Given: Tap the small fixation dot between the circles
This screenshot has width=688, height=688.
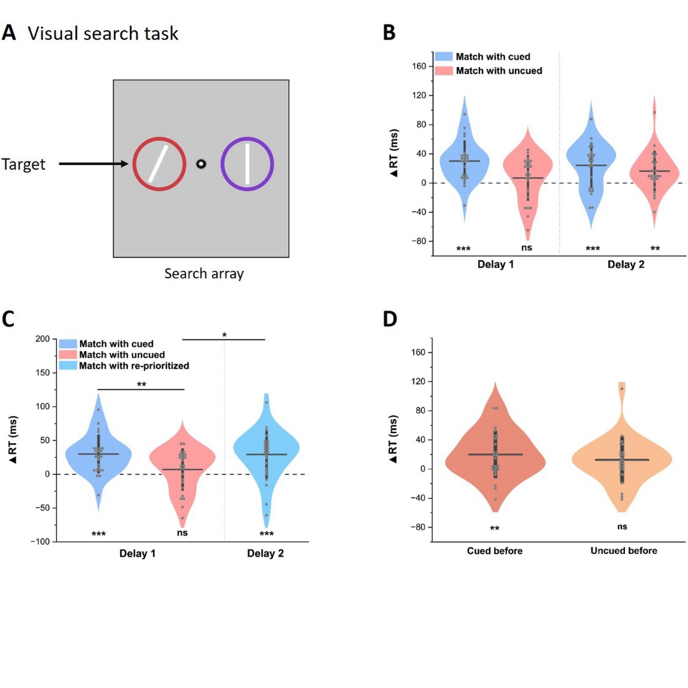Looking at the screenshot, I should tap(201, 164).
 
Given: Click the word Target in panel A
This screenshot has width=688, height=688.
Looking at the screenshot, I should tap(23, 165).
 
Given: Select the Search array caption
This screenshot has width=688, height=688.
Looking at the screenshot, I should tap(204, 273).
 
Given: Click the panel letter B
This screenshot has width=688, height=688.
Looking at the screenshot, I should tap(389, 32).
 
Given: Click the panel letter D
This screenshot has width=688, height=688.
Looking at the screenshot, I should tap(390, 319).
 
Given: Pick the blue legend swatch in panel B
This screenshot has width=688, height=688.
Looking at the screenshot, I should tap(443, 56).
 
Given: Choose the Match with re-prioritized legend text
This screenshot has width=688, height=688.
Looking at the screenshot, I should tap(134, 366).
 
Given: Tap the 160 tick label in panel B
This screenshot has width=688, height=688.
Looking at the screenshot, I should tap(419, 66).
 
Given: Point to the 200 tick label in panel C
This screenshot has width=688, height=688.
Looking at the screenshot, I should tap(42, 339).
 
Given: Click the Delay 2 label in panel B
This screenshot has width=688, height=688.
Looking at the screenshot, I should tap(626, 264).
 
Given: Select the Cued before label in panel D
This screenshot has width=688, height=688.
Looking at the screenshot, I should tap(495, 550).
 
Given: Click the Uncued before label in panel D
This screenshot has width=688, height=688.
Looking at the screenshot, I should tap(624, 550).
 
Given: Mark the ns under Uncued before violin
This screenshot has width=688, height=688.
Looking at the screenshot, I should tap(622, 527).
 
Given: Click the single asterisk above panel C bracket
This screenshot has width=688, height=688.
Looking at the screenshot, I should tap(224, 335).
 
